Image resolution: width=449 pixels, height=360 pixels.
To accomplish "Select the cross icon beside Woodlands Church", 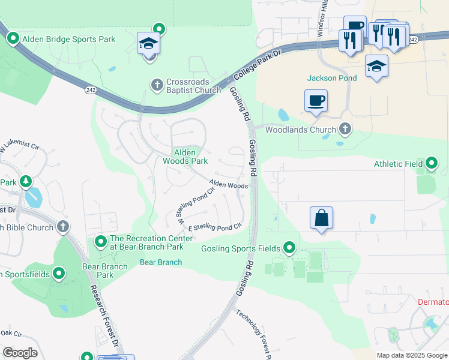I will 345,129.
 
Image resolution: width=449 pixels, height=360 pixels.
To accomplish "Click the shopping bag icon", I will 322,217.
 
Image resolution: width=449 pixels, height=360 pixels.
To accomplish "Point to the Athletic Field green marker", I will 432,163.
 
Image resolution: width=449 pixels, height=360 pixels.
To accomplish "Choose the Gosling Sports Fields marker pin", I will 290,248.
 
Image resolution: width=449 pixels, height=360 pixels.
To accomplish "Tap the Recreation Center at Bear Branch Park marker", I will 100,242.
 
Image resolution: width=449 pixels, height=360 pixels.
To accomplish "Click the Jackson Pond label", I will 332,78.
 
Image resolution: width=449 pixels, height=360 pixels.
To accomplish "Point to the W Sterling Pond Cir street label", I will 195,206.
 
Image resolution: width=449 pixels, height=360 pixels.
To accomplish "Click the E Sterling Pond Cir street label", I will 215,227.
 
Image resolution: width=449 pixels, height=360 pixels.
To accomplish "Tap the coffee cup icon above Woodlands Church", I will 316,100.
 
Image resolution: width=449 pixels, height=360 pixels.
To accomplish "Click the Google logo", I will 20,353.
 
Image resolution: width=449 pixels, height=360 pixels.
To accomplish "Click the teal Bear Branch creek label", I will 161,262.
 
